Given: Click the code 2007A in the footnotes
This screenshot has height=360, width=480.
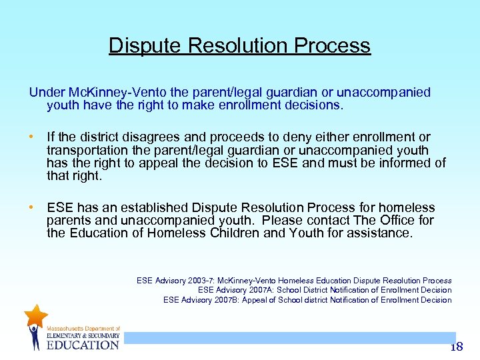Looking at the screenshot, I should pos(261,290).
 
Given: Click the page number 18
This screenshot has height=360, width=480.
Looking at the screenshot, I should pos(456,347).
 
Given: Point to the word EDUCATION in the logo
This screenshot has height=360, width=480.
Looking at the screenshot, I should pos(82,345).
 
